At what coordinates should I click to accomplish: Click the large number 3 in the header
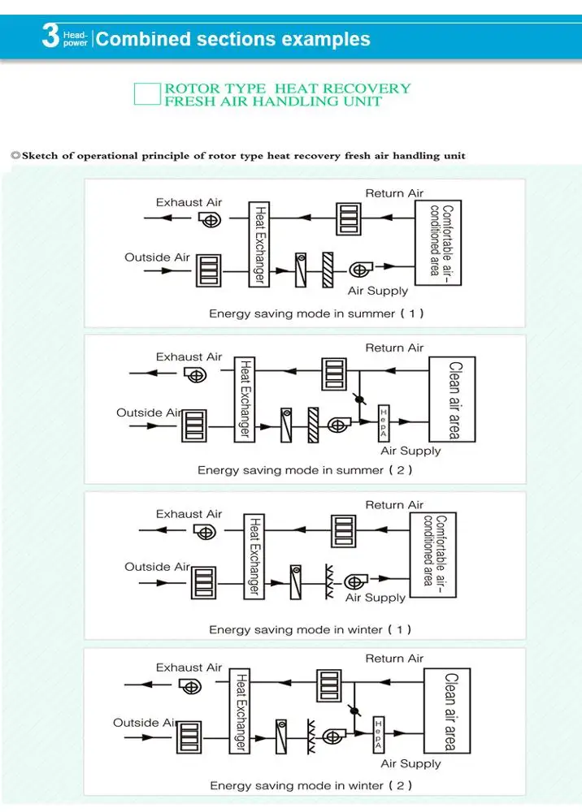tap(50, 38)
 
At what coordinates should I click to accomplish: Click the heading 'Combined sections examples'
tap(233, 39)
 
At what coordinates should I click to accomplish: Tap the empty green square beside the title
tap(147, 94)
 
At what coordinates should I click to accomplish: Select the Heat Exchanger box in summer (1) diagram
tap(259, 244)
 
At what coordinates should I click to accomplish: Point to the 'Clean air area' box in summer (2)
tap(452, 400)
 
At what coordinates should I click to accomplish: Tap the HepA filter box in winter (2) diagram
tap(379, 736)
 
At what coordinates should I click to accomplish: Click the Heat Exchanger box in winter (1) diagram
tap(254, 556)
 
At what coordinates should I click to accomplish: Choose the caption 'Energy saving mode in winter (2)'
tap(311, 785)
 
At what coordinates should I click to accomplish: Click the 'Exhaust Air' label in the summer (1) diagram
tap(189, 202)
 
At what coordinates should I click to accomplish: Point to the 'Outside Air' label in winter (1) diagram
tap(157, 567)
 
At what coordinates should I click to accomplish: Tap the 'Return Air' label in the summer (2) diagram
tap(394, 348)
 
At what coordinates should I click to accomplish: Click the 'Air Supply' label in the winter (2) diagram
tap(410, 764)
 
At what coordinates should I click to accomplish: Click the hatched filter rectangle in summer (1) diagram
tap(328, 269)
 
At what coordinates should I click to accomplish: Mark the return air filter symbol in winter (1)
tap(343, 531)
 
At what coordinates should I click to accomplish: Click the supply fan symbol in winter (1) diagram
tap(355, 581)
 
